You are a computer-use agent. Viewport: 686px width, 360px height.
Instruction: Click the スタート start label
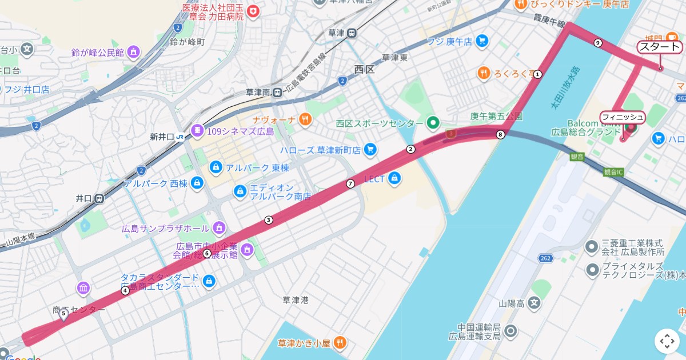[x=659, y=47]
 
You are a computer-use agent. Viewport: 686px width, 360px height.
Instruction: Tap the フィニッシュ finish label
[x=623, y=117]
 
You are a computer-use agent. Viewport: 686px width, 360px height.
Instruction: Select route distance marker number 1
[x=538, y=74]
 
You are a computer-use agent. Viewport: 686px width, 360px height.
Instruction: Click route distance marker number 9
[x=598, y=43]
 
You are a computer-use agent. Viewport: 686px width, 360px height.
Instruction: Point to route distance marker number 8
[x=501, y=135]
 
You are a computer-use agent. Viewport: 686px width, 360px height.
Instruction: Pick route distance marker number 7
[x=350, y=183]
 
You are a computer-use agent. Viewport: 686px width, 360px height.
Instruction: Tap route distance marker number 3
[x=268, y=220]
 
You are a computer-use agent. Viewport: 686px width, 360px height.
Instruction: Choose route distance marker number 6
[x=207, y=253]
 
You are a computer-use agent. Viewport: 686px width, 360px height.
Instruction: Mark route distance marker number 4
[x=125, y=291]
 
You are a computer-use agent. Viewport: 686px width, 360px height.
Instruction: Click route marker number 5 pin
[x=63, y=314]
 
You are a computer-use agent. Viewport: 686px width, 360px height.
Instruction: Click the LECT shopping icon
[x=393, y=179]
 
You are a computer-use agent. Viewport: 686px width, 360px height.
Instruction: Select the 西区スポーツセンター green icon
[x=433, y=123]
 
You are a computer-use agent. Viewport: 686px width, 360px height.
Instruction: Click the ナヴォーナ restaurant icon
[x=306, y=119]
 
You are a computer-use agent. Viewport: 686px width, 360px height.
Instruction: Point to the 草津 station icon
[x=352, y=33]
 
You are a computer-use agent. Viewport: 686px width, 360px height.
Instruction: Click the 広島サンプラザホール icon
[x=218, y=229]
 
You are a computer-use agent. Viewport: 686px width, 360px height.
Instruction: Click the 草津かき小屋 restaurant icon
[x=340, y=343]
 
